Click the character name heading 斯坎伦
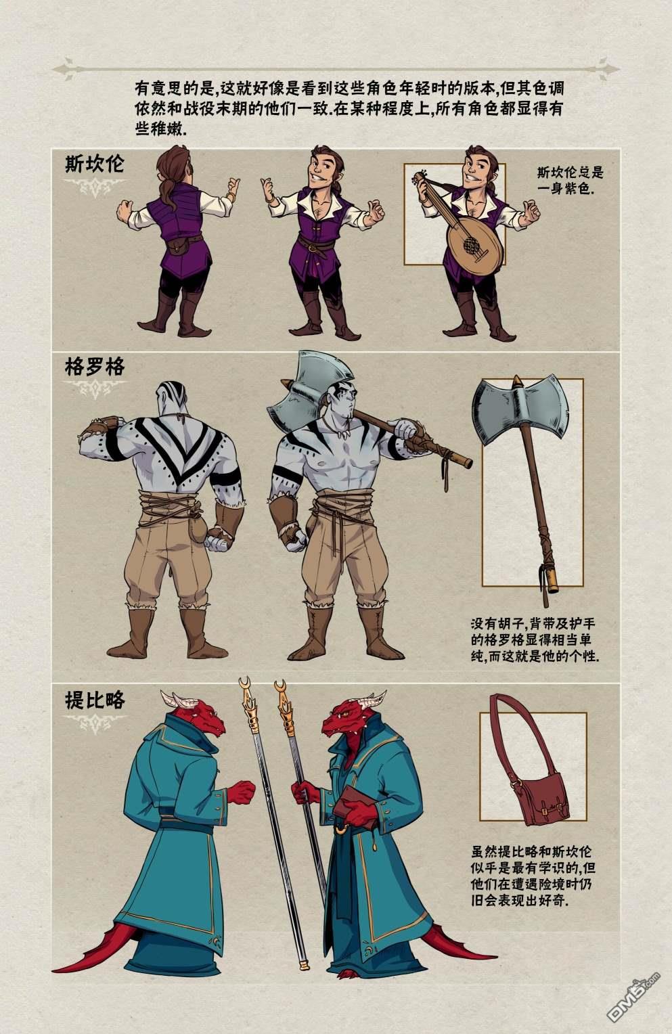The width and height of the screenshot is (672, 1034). click(94, 164)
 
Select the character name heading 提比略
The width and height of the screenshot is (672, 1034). click(94, 699)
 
